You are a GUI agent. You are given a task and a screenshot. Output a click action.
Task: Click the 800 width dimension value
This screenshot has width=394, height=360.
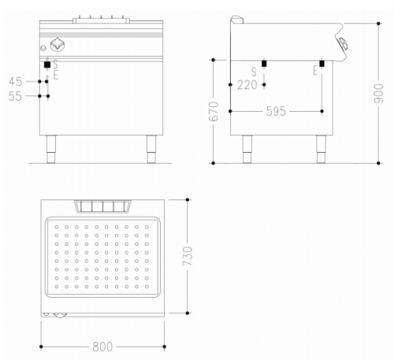pyautogui.click(x=102, y=347)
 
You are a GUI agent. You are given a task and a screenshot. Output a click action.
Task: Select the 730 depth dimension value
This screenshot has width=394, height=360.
pyautogui.click(x=188, y=256)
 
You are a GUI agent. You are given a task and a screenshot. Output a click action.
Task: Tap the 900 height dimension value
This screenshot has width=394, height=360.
pyautogui.click(x=378, y=93)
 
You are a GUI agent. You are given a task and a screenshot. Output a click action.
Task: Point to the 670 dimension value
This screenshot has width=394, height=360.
pyautogui.click(x=214, y=111)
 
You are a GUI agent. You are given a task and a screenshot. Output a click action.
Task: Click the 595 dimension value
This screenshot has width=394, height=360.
pyautogui.click(x=276, y=111)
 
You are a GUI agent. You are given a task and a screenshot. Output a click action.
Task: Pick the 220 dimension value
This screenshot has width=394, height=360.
pyautogui.click(x=247, y=85)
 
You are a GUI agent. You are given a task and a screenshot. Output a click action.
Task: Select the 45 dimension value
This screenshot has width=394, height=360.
pyautogui.click(x=16, y=82)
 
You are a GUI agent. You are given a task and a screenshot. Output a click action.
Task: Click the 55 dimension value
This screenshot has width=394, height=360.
pyautogui.click(x=15, y=96)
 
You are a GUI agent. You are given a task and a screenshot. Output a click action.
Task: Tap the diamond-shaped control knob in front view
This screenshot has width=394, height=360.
pyautogui.click(x=58, y=45)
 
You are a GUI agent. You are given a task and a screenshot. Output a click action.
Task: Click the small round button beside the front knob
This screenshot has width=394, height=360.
pyautogui.click(x=43, y=48)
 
